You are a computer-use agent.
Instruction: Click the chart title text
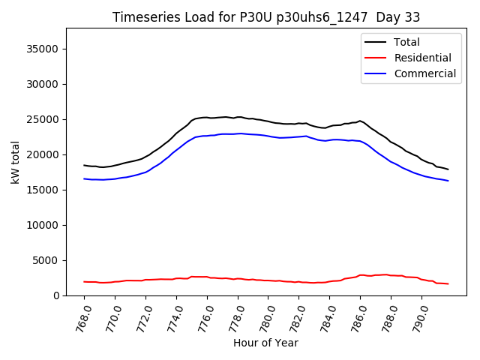(x=266, y=17)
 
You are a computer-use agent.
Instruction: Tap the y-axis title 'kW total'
(x=16, y=162)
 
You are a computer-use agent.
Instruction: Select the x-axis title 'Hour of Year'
(x=265, y=343)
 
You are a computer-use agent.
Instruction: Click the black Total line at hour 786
(x=360, y=121)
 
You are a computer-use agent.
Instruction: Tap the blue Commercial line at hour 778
(x=238, y=133)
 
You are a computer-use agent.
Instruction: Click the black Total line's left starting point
(x=84, y=165)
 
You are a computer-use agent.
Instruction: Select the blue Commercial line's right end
(x=448, y=181)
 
